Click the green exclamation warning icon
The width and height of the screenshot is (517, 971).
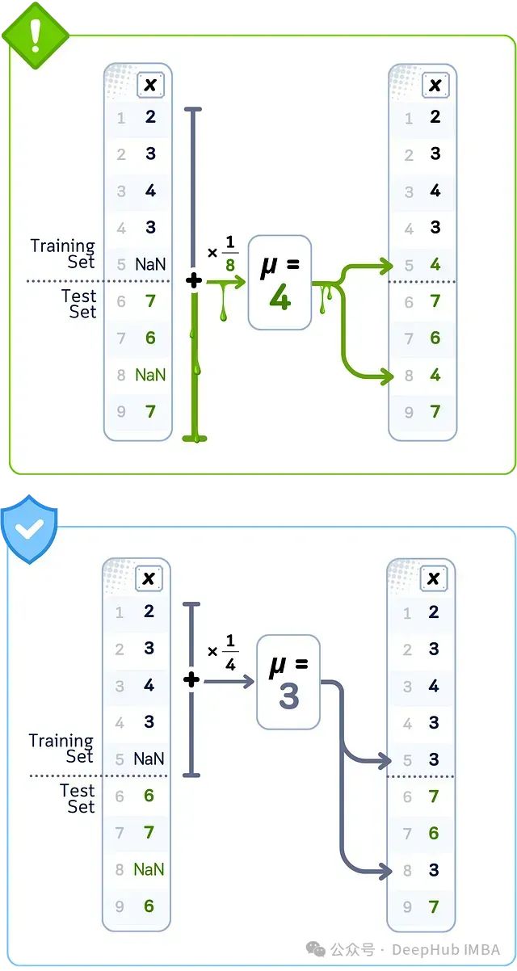coord(34,35)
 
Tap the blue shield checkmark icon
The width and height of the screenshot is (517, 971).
coord(30,529)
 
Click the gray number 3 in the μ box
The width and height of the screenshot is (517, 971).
coord(288,695)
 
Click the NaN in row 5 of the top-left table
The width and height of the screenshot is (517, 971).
coord(150,264)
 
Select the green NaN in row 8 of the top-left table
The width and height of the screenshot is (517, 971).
coord(150,375)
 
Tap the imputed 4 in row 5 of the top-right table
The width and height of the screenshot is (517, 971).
coord(435,264)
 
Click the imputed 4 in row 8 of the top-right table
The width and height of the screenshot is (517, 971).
coord(435,375)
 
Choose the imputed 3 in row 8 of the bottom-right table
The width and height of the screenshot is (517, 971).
coord(434,870)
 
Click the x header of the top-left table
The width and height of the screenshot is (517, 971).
coord(150,85)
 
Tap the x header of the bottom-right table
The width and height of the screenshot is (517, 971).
coord(434,578)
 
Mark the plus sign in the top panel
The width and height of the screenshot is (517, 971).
coord(193,280)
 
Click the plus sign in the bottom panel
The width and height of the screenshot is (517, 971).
coord(191,680)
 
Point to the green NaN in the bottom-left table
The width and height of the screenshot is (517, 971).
coord(149,869)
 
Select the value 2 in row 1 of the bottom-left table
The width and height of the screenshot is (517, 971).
coord(149,612)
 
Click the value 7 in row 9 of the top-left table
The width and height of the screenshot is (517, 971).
coord(150,411)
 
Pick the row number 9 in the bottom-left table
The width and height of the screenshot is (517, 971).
coord(120,907)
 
